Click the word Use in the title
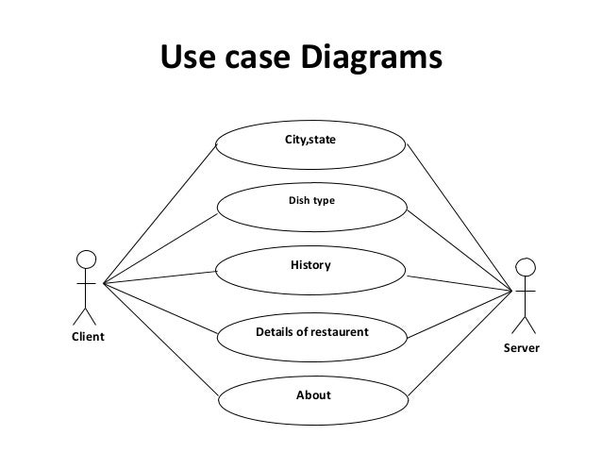(183, 58)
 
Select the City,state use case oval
(312, 141)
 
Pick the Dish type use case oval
(312, 201)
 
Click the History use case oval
(312, 267)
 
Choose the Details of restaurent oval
(312, 333)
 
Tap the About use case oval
(312, 395)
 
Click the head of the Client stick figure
(87, 259)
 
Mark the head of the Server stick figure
(527, 267)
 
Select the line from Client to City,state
(160, 212)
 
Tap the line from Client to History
(160, 277)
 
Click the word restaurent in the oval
(339, 333)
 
